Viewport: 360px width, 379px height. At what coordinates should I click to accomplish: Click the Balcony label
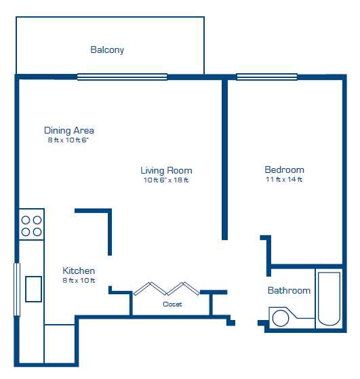107,49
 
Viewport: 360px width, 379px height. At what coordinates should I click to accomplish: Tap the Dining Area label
69,130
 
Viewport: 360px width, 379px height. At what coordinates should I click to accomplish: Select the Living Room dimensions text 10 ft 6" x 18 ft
166,180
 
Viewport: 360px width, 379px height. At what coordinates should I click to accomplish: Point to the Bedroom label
284,169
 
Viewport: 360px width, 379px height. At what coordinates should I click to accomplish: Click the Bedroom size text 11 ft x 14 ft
284,180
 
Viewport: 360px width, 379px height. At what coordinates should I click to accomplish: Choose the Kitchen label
79,271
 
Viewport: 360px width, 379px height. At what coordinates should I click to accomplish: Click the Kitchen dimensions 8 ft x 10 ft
79,281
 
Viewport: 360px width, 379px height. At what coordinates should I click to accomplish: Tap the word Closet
172,304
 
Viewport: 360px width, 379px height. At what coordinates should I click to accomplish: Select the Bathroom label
289,290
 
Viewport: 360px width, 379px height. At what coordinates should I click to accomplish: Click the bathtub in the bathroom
329,299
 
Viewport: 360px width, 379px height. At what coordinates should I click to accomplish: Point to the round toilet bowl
281,319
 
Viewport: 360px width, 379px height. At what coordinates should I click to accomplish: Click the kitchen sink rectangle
34,289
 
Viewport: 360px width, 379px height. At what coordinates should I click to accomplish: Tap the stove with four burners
31,224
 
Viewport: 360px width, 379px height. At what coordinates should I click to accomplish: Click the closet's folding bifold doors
167,288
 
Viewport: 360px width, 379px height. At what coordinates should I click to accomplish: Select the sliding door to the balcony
122,77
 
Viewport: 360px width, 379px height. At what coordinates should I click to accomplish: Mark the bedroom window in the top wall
266,77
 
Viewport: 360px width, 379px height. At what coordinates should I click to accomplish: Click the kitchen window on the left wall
17,290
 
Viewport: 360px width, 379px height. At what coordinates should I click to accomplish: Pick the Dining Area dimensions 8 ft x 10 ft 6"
68,140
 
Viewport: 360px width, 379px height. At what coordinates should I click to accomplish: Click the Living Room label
166,170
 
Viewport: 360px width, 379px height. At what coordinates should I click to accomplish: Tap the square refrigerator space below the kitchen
60,344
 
